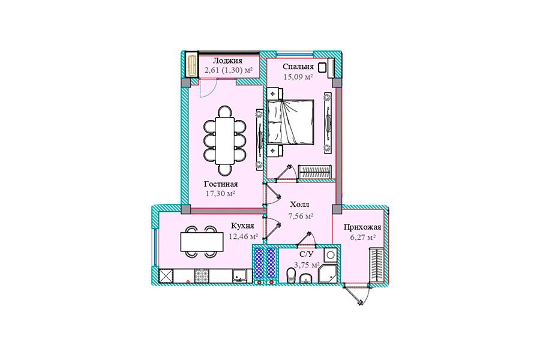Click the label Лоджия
[x=227, y=61]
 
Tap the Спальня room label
[x=298, y=67]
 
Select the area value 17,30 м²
[x=220, y=194]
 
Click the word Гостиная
[x=221, y=184]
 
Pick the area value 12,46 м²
[x=244, y=236]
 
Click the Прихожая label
[x=362, y=227]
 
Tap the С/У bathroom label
[x=307, y=254]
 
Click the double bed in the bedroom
[x=290, y=121]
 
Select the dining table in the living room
[x=224, y=141]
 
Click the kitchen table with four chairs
[x=202, y=242]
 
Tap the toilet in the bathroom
[x=292, y=276]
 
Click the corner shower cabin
[x=328, y=274]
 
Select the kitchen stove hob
[x=202, y=276]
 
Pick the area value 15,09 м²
[x=298, y=77]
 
